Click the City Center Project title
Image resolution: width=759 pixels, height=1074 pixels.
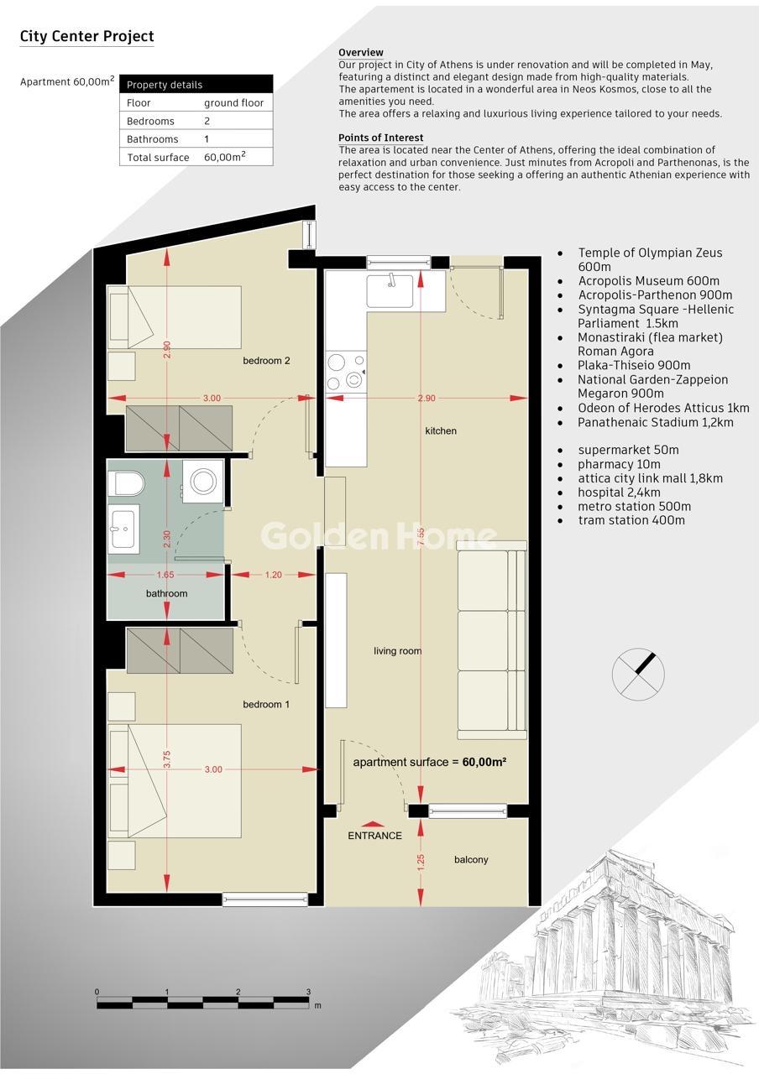[x=86, y=36]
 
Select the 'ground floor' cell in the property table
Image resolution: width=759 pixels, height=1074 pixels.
[x=233, y=102]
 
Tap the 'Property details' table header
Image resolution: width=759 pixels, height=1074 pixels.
[x=165, y=85]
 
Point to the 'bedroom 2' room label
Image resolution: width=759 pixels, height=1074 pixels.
[x=266, y=361]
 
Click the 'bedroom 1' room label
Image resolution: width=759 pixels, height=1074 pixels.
[x=266, y=704]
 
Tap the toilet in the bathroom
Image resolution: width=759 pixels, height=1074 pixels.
[x=126, y=483]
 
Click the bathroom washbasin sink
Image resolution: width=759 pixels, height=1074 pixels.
[x=123, y=529]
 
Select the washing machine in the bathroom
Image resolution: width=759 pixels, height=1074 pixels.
[x=203, y=481]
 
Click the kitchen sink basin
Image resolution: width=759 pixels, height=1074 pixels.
[x=390, y=291]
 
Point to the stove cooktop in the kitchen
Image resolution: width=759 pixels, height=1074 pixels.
[x=346, y=372]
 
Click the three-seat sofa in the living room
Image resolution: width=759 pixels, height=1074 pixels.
[x=492, y=640]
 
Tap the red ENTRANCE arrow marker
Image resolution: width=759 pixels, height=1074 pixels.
[x=373, y=825]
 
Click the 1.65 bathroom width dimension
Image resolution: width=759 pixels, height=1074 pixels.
[x=165, y=575]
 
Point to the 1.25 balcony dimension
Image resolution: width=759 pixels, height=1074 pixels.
[x=421, y=863]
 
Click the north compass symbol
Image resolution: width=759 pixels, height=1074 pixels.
[x=638, y=674]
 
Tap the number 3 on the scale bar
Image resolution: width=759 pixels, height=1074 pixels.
[x=308, y=992]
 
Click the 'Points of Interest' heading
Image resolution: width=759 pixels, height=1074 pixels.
[x=381, y=138]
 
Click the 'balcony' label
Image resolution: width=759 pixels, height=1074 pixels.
[x=471, y=860]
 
